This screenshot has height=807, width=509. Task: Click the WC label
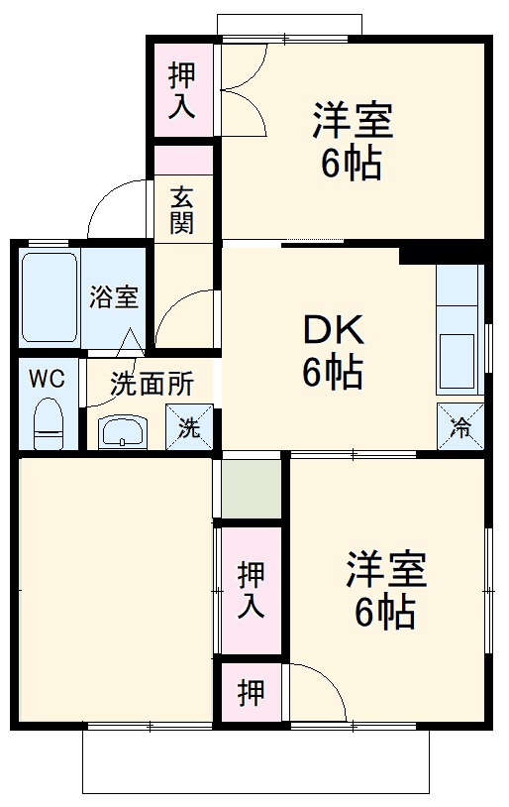(47, 378)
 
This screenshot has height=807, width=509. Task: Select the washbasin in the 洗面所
(123, 431)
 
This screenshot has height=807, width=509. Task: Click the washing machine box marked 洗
(188, 427)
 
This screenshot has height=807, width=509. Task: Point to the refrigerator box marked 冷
(461, 426)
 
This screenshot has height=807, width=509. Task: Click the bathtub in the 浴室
(49, 296)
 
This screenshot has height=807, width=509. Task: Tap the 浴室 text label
(114, 296)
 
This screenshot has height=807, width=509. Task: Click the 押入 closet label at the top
(181, 91)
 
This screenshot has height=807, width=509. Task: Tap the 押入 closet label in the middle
(252, 591)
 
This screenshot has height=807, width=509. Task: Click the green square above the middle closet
(251, 489)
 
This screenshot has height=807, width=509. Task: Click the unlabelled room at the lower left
(114, 590)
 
